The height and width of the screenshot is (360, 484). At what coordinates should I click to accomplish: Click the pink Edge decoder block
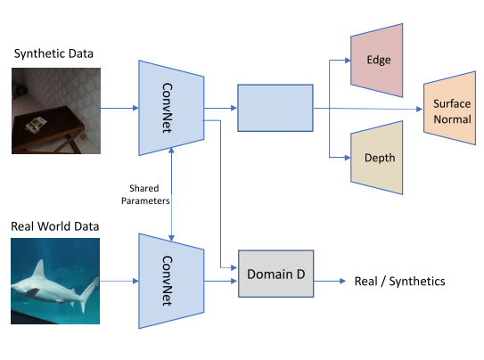point(376,61)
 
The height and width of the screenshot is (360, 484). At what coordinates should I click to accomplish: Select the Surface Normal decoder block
point(450,108)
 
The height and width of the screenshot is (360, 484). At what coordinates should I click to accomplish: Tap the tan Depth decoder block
point(376,158)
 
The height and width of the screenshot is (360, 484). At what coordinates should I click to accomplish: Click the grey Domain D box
point(276,274)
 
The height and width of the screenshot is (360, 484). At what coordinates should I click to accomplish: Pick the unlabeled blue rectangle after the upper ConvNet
point(275,108)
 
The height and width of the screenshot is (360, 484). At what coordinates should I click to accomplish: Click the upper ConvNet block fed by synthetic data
point(171,108)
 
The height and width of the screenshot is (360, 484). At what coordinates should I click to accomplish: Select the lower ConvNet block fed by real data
point(171,281)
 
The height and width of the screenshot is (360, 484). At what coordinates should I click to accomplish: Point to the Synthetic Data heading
point(53,53)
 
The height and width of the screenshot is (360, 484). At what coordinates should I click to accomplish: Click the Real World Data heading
point(55,226)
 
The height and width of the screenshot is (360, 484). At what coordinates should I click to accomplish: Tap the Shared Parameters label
point(145,194)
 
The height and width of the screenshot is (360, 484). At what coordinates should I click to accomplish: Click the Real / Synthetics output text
point(399,282)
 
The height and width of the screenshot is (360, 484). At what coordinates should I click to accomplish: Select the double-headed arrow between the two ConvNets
point(171,194)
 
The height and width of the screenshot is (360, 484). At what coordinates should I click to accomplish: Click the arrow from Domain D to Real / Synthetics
point(330,281)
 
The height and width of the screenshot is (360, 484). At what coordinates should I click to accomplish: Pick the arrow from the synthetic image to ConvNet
point(119,108)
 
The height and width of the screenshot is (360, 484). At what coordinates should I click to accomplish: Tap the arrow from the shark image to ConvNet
point(119,281)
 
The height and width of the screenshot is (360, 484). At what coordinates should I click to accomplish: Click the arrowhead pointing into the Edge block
point(348,61)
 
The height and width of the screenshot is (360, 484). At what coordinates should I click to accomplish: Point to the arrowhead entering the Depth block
point(348,158)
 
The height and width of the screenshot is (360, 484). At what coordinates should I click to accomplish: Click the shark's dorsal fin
point(39,269)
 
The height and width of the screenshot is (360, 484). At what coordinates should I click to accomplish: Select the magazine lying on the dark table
point(37,125)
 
